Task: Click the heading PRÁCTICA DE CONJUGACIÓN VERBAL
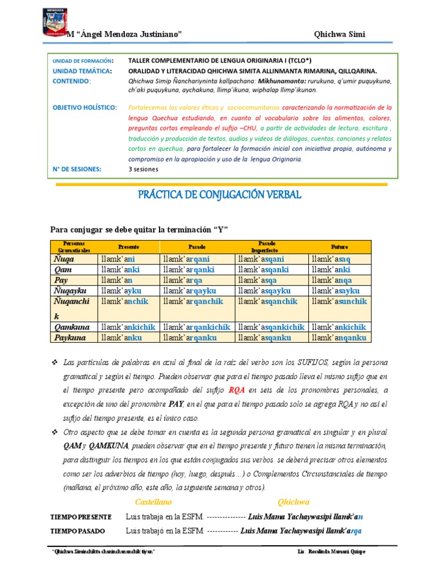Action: coord(220,195)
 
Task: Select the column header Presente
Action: coord(128,247)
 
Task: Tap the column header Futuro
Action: coord(339,247)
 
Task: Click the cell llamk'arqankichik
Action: coord(196,327)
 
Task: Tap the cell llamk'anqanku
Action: coord(339,338)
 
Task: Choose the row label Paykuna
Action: coord(70,338)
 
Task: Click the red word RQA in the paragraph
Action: coord(237,390)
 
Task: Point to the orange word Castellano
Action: coord(153,502)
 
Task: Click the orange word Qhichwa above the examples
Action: coord(294,502)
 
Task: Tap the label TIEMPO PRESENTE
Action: coord(81,517)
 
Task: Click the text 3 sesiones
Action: coord(144,169)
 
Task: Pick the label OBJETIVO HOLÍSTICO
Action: coord(85,107)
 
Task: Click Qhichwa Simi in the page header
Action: coord(339,35)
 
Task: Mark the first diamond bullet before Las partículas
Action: coord(55,362)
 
